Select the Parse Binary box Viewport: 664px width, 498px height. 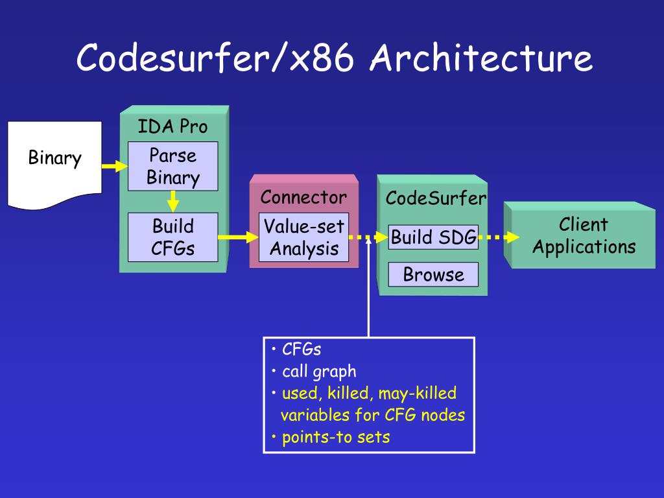coord(172,166)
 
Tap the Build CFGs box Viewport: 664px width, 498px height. coord(172,237)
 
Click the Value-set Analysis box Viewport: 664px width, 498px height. coord(303,237)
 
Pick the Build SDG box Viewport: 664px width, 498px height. coord(433,237)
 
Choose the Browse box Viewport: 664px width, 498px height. coord(433,274)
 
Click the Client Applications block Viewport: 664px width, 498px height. coord(579,235)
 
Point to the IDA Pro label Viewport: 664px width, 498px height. coord(172,126)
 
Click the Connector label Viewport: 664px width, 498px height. coord(303,197)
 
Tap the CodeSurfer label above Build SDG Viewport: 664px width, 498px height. coord(436,198)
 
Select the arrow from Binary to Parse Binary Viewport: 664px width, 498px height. coord(115,166)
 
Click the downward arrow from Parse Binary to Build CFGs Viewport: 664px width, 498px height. coord(172,202)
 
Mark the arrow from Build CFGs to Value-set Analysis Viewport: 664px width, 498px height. coord(239,237)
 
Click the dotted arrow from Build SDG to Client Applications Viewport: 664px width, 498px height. coord(499,237)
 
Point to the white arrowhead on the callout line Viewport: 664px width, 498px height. coord(368,240)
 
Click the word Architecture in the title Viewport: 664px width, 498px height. coord(481,58)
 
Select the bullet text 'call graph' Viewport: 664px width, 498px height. coord(319,372)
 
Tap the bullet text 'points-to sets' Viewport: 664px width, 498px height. coord(336,437)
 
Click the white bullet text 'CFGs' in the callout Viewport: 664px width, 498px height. coord(302,350)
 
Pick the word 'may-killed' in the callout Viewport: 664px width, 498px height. coord(418,394)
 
